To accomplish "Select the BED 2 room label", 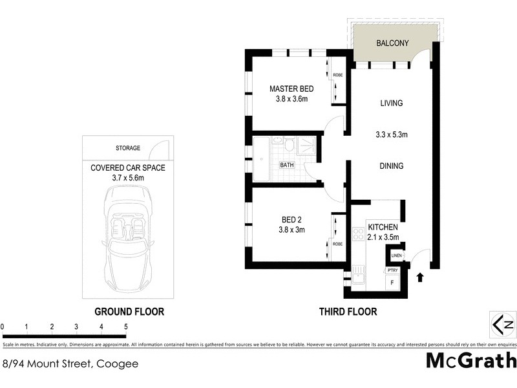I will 278,219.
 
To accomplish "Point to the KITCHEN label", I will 383,228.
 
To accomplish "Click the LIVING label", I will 391,103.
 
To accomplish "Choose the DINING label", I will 391,166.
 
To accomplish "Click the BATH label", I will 286,165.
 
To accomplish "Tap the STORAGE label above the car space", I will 127,148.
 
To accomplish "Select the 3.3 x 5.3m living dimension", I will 391,135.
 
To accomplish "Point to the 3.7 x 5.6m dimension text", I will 128,178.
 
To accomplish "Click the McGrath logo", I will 471,361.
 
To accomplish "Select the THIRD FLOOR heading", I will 348,312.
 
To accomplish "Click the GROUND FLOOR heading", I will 129,312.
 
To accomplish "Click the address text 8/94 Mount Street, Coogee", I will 70,363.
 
